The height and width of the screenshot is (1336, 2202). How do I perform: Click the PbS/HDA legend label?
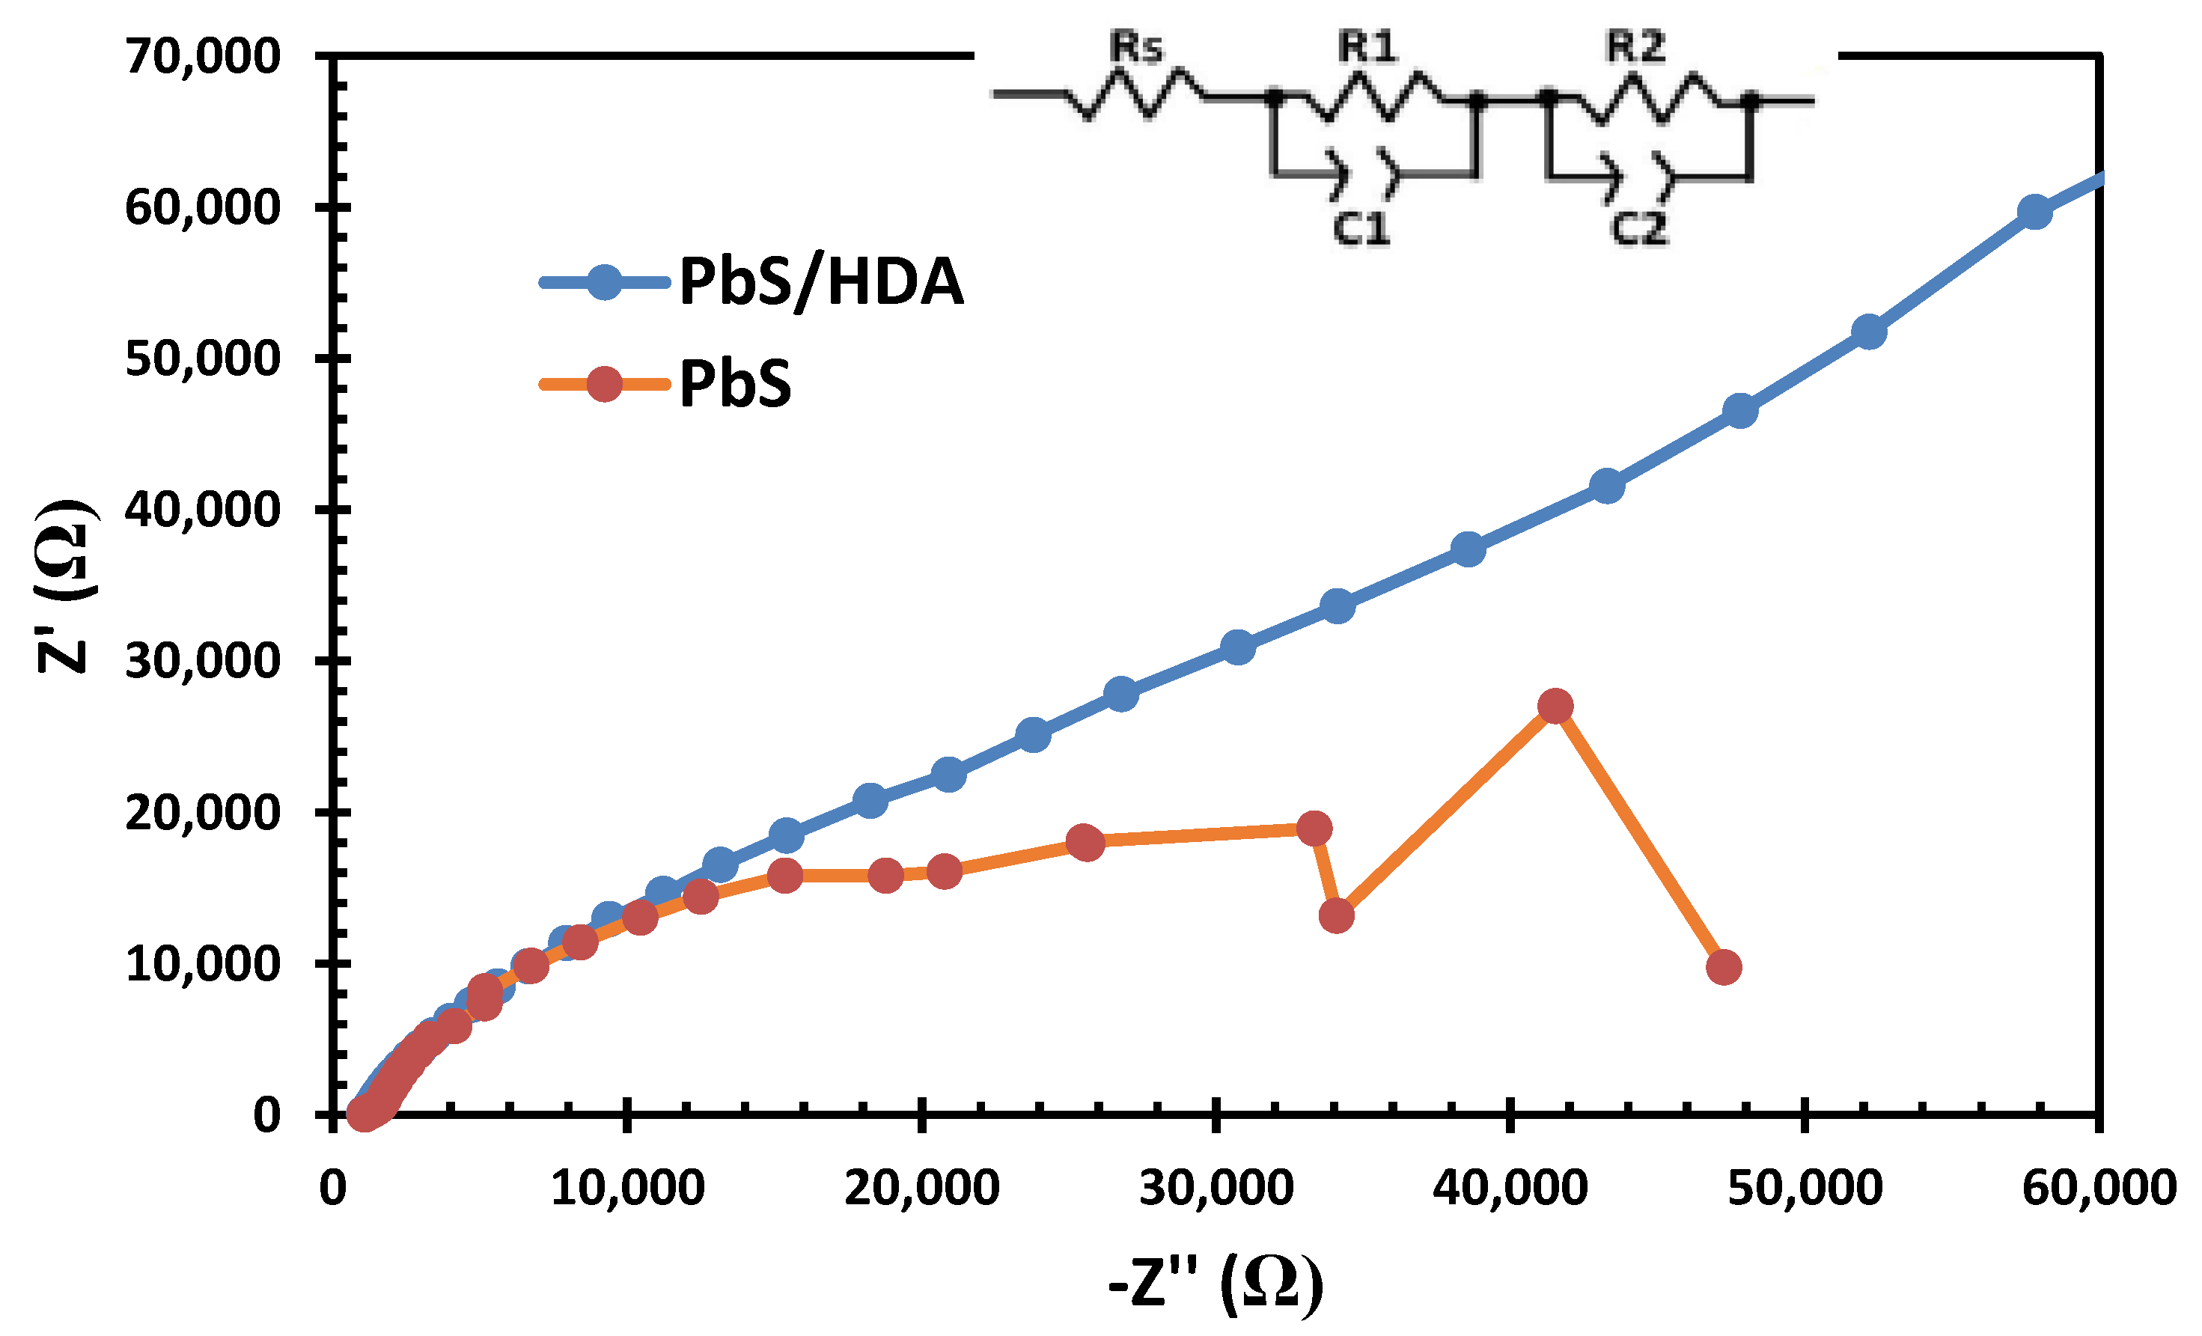point(821,282)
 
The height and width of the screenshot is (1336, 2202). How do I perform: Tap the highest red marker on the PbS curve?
point(1556,706)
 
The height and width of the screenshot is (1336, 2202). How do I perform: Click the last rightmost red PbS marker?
point(1723,967)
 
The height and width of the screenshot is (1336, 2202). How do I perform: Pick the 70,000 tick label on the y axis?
point(203,56)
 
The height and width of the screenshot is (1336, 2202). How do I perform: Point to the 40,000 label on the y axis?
point(203,510)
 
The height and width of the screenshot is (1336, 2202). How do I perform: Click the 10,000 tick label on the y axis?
point(203,964)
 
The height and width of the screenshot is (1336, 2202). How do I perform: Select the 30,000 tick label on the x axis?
point(1216,1188)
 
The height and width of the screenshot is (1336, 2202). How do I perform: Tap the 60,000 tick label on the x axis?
point(2098,1188)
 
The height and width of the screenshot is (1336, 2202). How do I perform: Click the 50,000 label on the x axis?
point(1805,1188)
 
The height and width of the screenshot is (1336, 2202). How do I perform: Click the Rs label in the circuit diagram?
point(1136,46)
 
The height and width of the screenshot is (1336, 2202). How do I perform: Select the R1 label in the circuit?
point(1367,46)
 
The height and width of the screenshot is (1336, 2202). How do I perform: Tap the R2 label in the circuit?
point(1635,46)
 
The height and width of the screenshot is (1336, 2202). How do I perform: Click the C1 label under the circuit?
point(1361,230)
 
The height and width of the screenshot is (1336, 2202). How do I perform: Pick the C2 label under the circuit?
point(1639,230)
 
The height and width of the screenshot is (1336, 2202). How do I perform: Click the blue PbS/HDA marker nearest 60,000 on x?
point(2035,213)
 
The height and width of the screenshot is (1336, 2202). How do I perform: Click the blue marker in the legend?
point(605,282)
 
